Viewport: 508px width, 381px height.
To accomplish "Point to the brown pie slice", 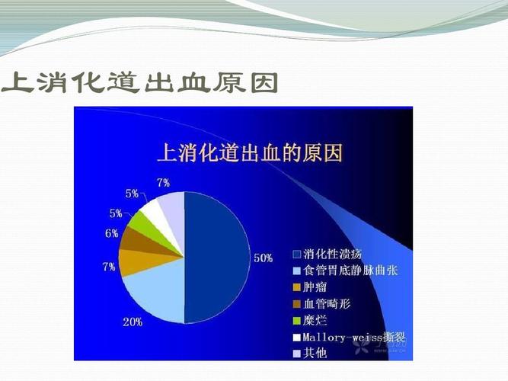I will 135,239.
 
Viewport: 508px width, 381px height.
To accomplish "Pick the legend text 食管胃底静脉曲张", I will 350,271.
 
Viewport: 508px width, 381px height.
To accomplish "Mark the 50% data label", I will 263,258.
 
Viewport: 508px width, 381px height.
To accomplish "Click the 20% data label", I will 133,322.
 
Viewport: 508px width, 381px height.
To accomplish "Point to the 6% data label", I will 112,233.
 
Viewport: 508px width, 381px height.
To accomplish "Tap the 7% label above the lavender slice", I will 163,182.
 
